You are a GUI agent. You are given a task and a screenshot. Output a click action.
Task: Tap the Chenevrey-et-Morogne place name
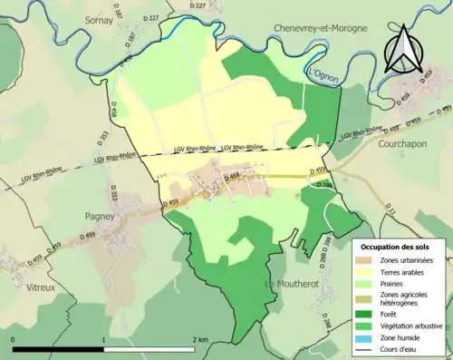coord(320,28)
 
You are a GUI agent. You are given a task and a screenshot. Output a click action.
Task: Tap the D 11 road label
coord(390,210)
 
